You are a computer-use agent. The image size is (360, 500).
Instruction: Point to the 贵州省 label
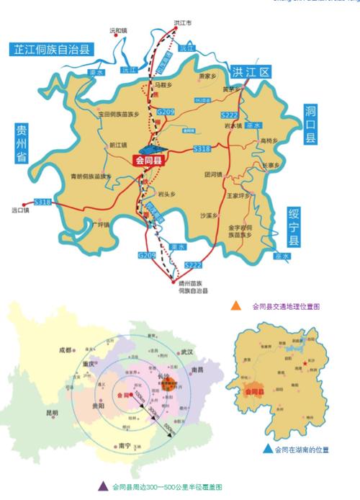(x=20, y=144)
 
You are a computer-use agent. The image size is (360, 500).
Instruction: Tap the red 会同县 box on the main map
(x=149, y=162)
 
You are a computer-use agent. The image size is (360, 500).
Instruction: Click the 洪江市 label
(x=184, y=23)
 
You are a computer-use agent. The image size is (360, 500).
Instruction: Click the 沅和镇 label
(x=117, y=31)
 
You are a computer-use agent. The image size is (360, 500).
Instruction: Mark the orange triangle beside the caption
(x=236, y=306)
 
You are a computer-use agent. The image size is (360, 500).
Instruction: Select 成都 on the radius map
(x=65, y=351)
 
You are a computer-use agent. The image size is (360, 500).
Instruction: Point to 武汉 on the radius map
(x=188, y=352)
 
